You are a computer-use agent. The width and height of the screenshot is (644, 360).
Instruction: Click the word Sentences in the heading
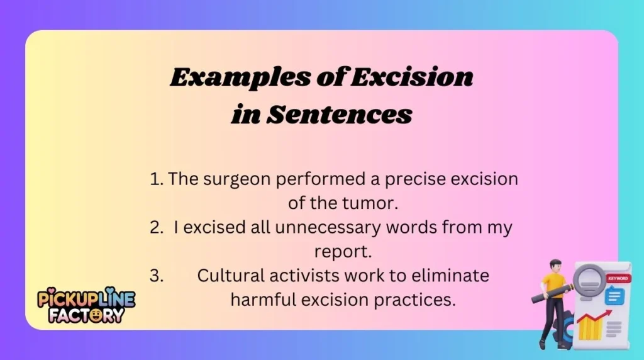pyautogui.click(x=340, y=115)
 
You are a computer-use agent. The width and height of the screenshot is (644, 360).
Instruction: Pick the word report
pyautogui.click(x=343, y=252)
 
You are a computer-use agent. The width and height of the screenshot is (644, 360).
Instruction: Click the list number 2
pyautogui.click(x=156, y=228)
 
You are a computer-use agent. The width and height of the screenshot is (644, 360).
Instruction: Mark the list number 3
pyautogui.click(x=156, y=276)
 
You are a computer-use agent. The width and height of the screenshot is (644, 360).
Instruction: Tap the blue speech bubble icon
pyautogui.click(x=614, y=295)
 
